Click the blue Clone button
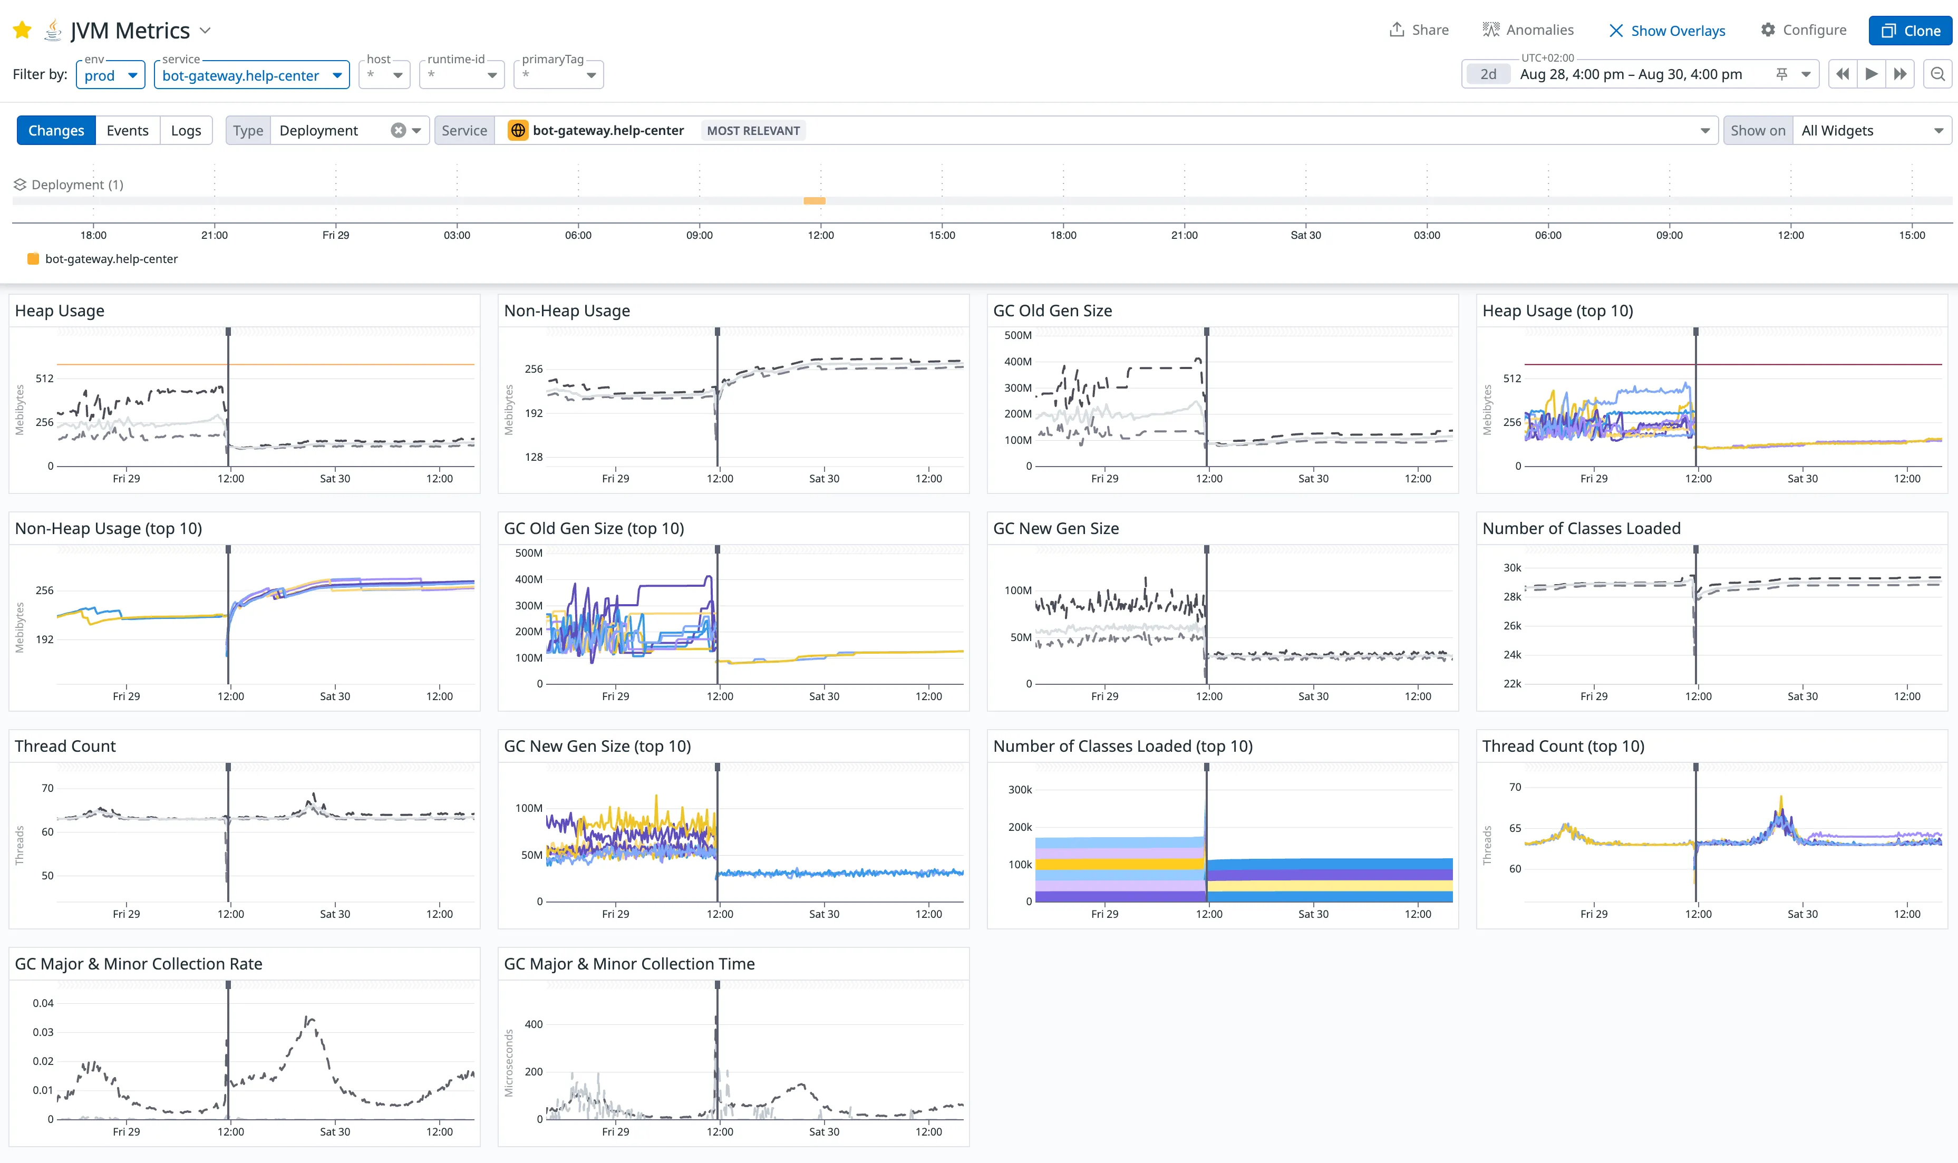[1909, 31]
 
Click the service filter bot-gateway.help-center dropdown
[251, 75]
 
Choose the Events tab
[127, 130]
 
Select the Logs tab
[186, 130]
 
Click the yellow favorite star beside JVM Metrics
[22, 31]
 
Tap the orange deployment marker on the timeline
[814, 201]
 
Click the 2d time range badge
[1487, 74]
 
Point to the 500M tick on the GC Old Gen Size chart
[1018, 335]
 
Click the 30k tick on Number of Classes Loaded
[1511, 567]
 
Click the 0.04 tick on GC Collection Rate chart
[43, 1003]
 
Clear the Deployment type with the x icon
[398, 130]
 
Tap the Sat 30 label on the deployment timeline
[1305, 235]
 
